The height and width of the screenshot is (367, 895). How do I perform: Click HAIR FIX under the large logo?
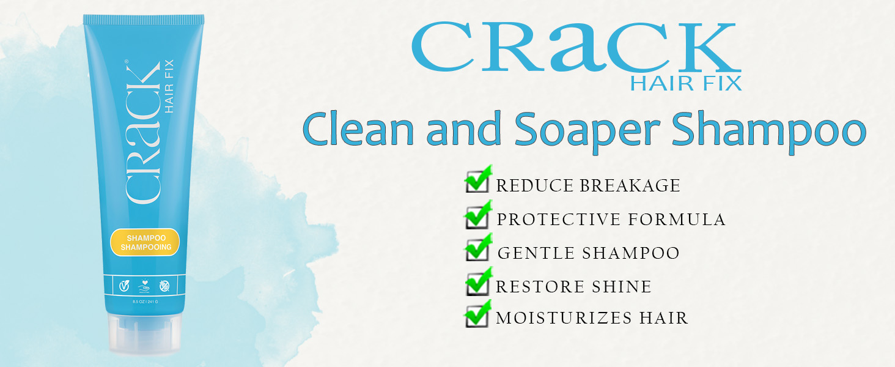click(685, 83)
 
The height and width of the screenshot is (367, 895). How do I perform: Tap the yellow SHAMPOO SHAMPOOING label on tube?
click(145, 242)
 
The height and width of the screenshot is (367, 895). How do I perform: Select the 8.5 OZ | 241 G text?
click(145, 302)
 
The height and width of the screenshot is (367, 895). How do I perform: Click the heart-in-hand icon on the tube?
click(145, 284)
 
